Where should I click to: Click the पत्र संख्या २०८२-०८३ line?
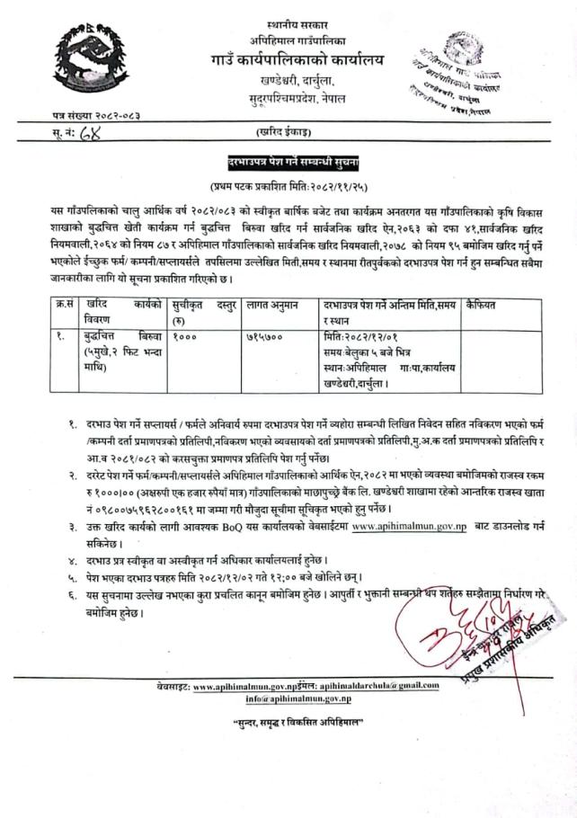point(98,116)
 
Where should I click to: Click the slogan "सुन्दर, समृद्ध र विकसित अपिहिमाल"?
point(288,723)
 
